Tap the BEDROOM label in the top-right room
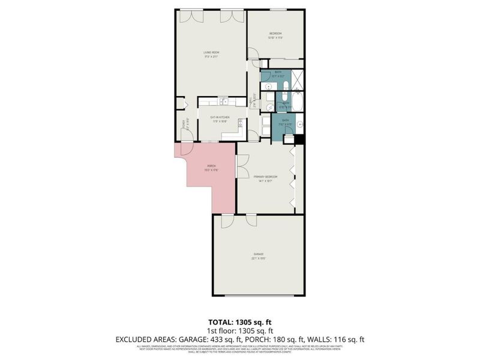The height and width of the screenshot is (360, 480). [275, 35]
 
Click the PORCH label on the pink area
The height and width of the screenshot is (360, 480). [211, 167]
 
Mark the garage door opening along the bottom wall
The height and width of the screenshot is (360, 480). [259, 295]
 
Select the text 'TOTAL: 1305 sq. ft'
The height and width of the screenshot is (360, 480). [239, 322]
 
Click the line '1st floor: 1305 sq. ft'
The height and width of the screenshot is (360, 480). [239, 331]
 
